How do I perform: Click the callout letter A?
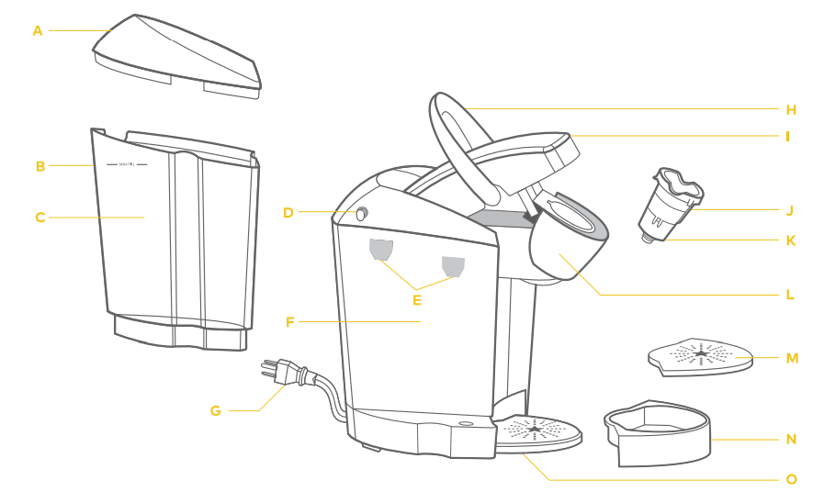(38, 30)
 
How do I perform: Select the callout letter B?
(40, 166)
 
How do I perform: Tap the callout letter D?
(288, 212)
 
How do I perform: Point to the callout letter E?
(417, 298)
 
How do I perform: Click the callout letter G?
(216, 410)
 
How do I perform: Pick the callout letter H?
(791, 109)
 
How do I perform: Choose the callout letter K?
(791, 240)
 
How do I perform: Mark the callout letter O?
(791, 479)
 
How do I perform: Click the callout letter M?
(792, 357)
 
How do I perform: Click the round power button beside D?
(361, 213)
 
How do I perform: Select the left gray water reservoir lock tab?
(380, 249)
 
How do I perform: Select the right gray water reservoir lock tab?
(452, 265)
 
